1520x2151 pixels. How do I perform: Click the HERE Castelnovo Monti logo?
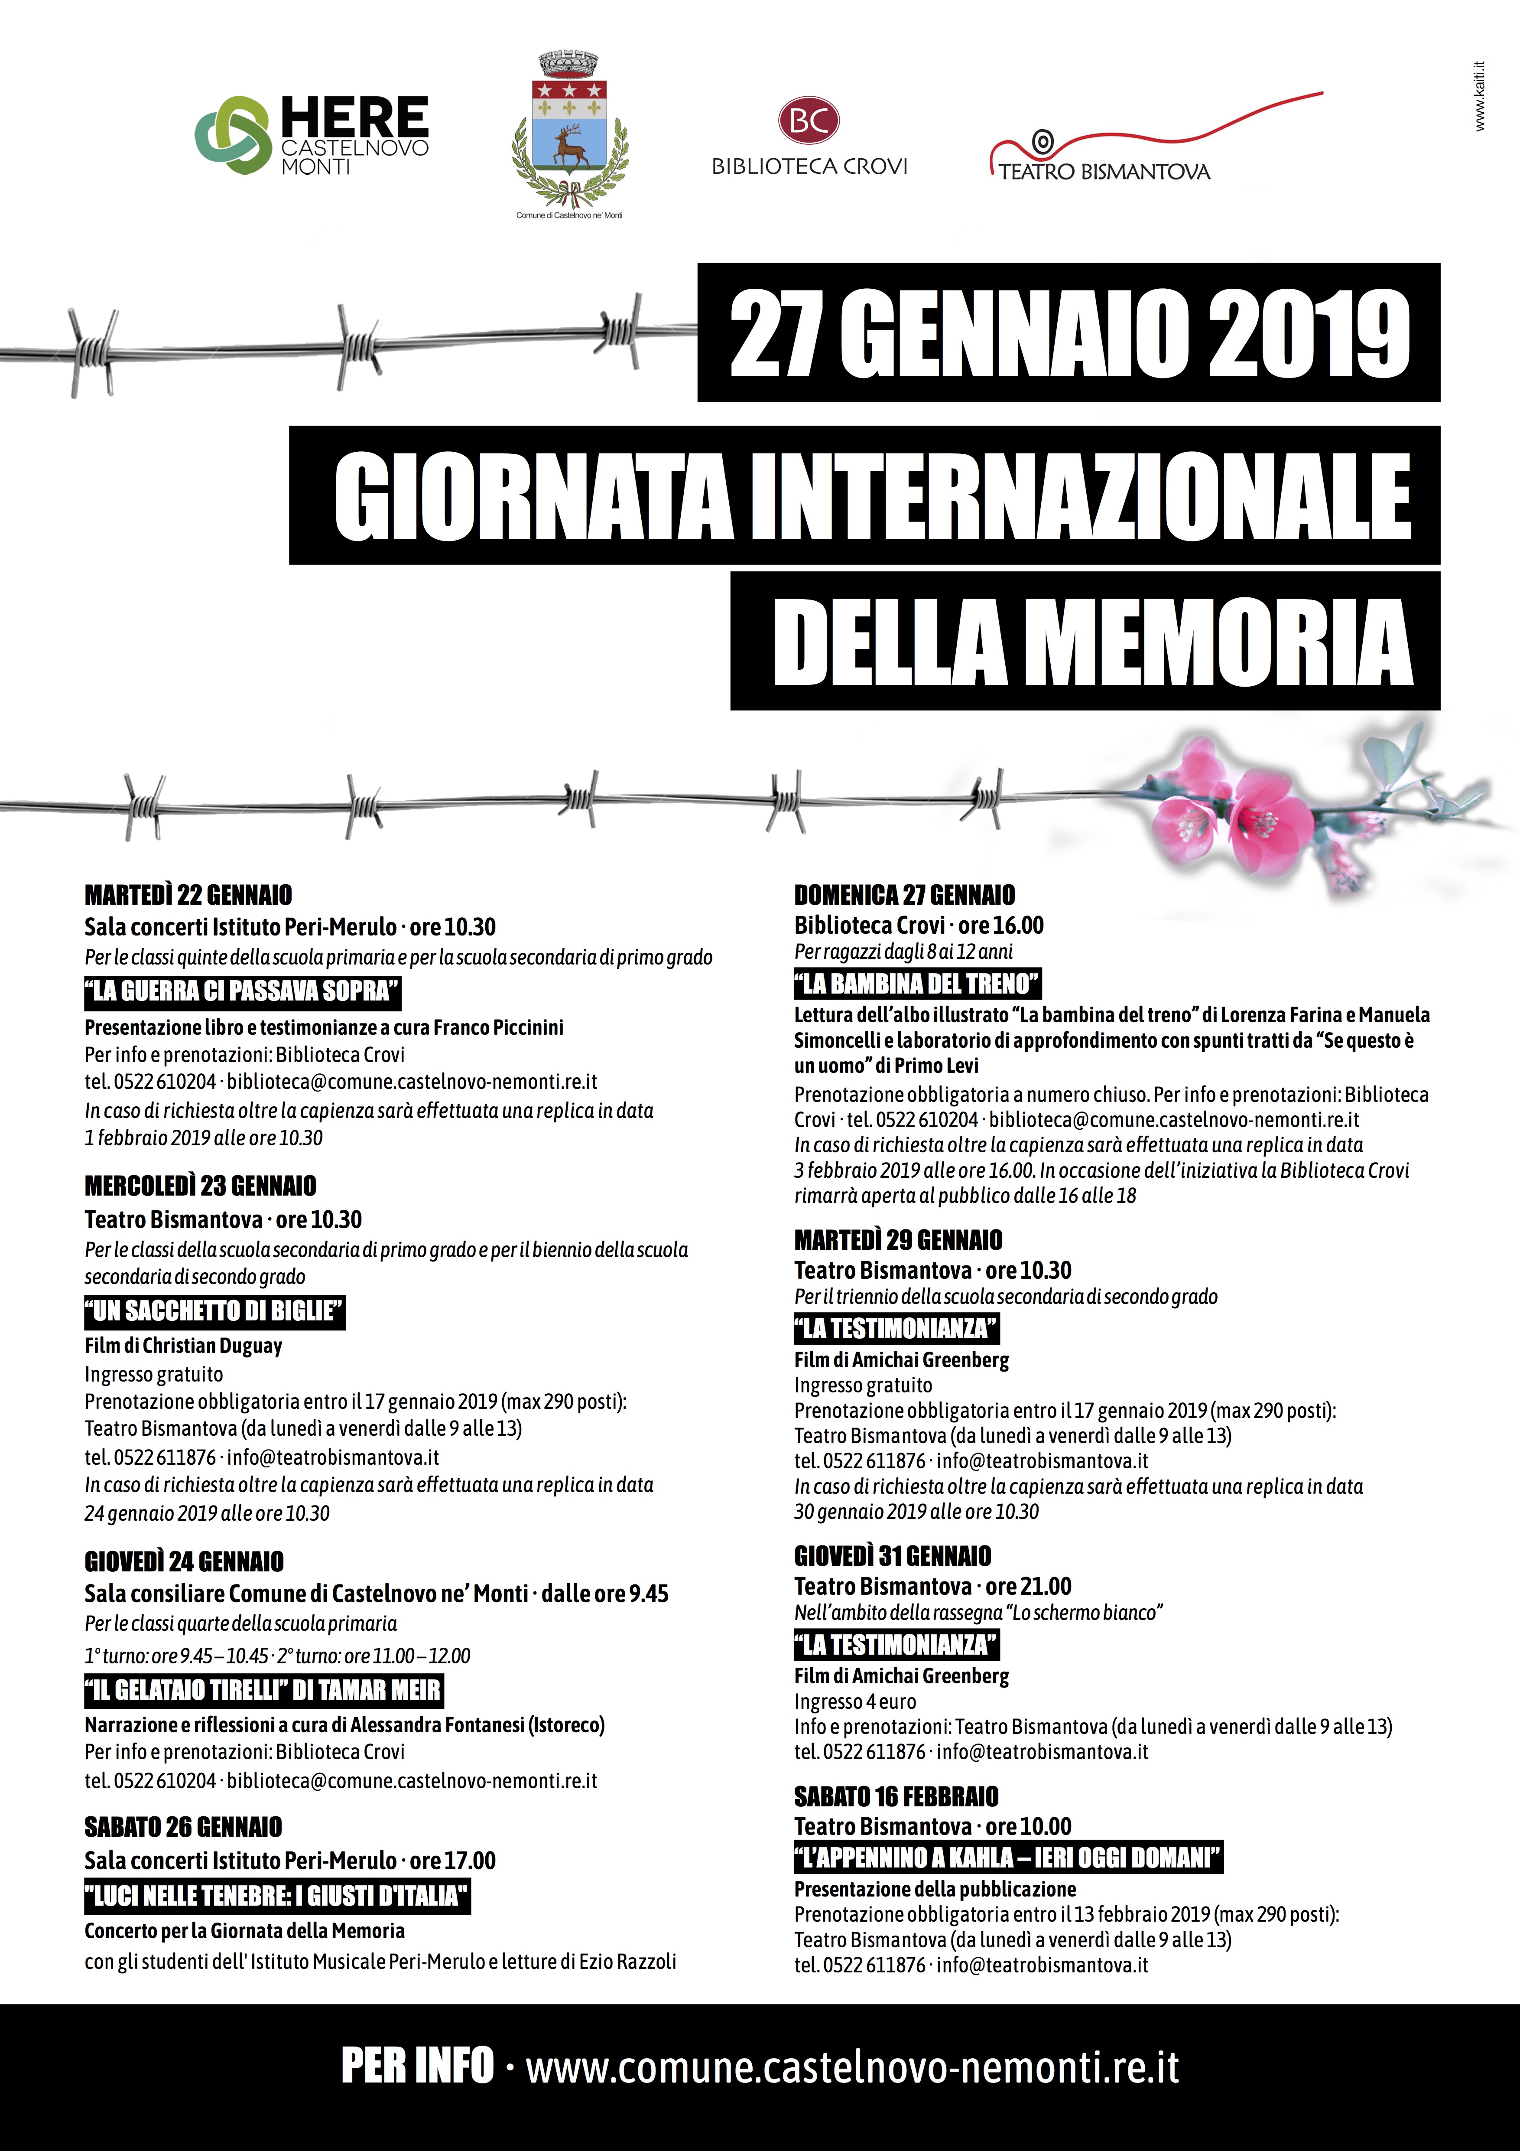tap(311, 135)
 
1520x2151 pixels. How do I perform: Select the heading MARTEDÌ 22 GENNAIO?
tap(188, 895)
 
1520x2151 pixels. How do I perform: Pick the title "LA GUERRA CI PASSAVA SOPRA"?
tap(243, 990)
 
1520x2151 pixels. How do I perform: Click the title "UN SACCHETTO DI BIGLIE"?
tap(214, 1310)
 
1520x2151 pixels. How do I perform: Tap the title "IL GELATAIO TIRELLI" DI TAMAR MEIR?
tap(263, 1690)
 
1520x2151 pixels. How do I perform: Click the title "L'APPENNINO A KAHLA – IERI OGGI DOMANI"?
tap(1008, 1858)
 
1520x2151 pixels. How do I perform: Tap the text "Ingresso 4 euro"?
tap(855, 1701)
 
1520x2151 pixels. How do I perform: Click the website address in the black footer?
tap(852, 2068)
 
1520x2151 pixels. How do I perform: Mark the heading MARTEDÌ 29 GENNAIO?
tap(898, 1240)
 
